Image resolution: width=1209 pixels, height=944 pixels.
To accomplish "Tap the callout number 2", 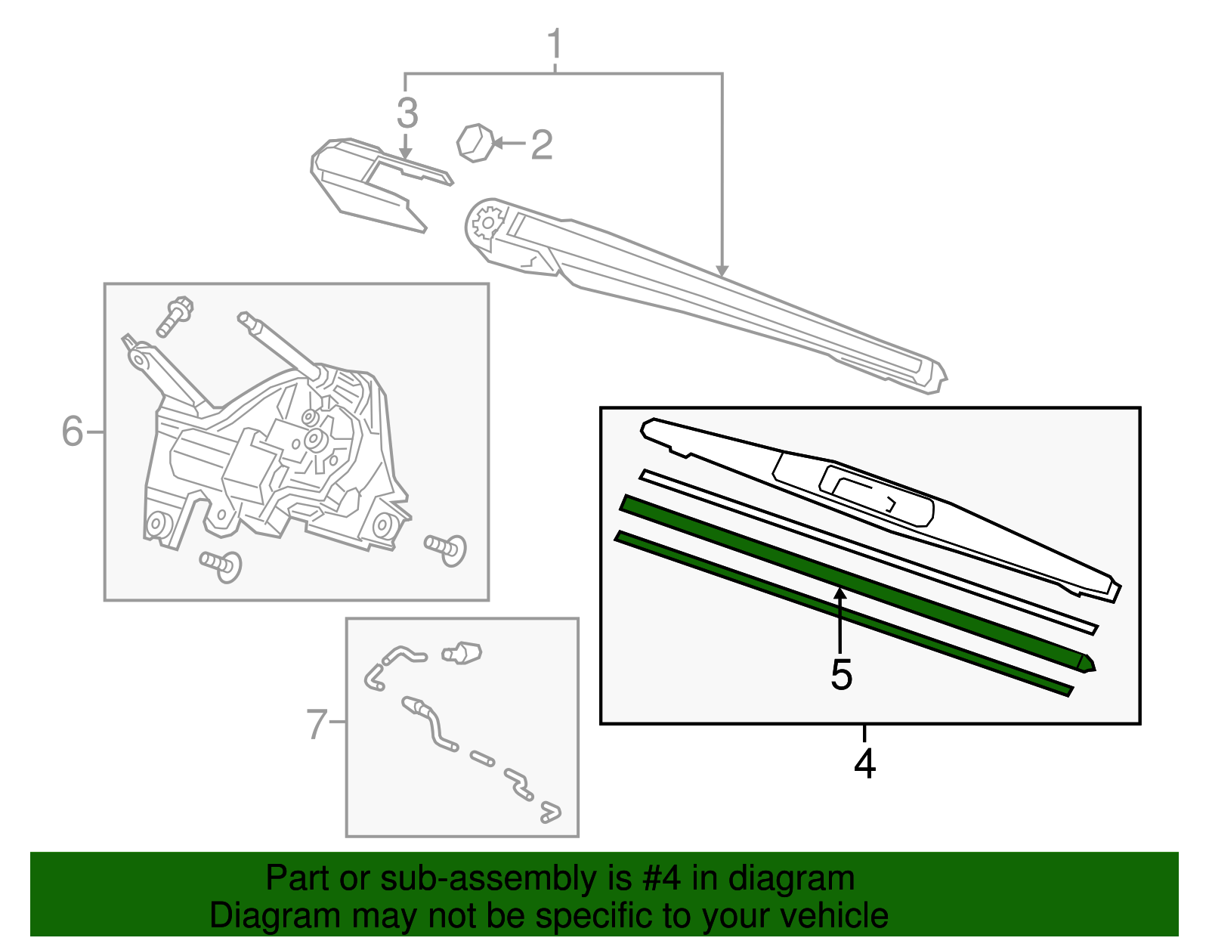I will [x=541, y=144].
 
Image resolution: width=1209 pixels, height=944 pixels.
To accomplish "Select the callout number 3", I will [x=407, y=113].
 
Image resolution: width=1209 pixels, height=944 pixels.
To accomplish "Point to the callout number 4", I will [x=864, y=763].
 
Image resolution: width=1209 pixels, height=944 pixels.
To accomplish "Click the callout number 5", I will [x=841, y=674].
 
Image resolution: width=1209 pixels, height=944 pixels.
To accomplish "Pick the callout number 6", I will [x=73, y=432].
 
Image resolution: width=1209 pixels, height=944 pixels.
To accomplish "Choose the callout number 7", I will [x=317, y=723].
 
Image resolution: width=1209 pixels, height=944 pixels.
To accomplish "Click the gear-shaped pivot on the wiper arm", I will [x=487, y=222].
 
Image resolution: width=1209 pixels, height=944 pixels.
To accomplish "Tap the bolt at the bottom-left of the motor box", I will [x=221, y=564].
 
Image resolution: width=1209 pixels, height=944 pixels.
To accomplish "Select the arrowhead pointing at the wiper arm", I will [x=722, y=270].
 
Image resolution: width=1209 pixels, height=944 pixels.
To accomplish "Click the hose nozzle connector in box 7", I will [x=463, y=652].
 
